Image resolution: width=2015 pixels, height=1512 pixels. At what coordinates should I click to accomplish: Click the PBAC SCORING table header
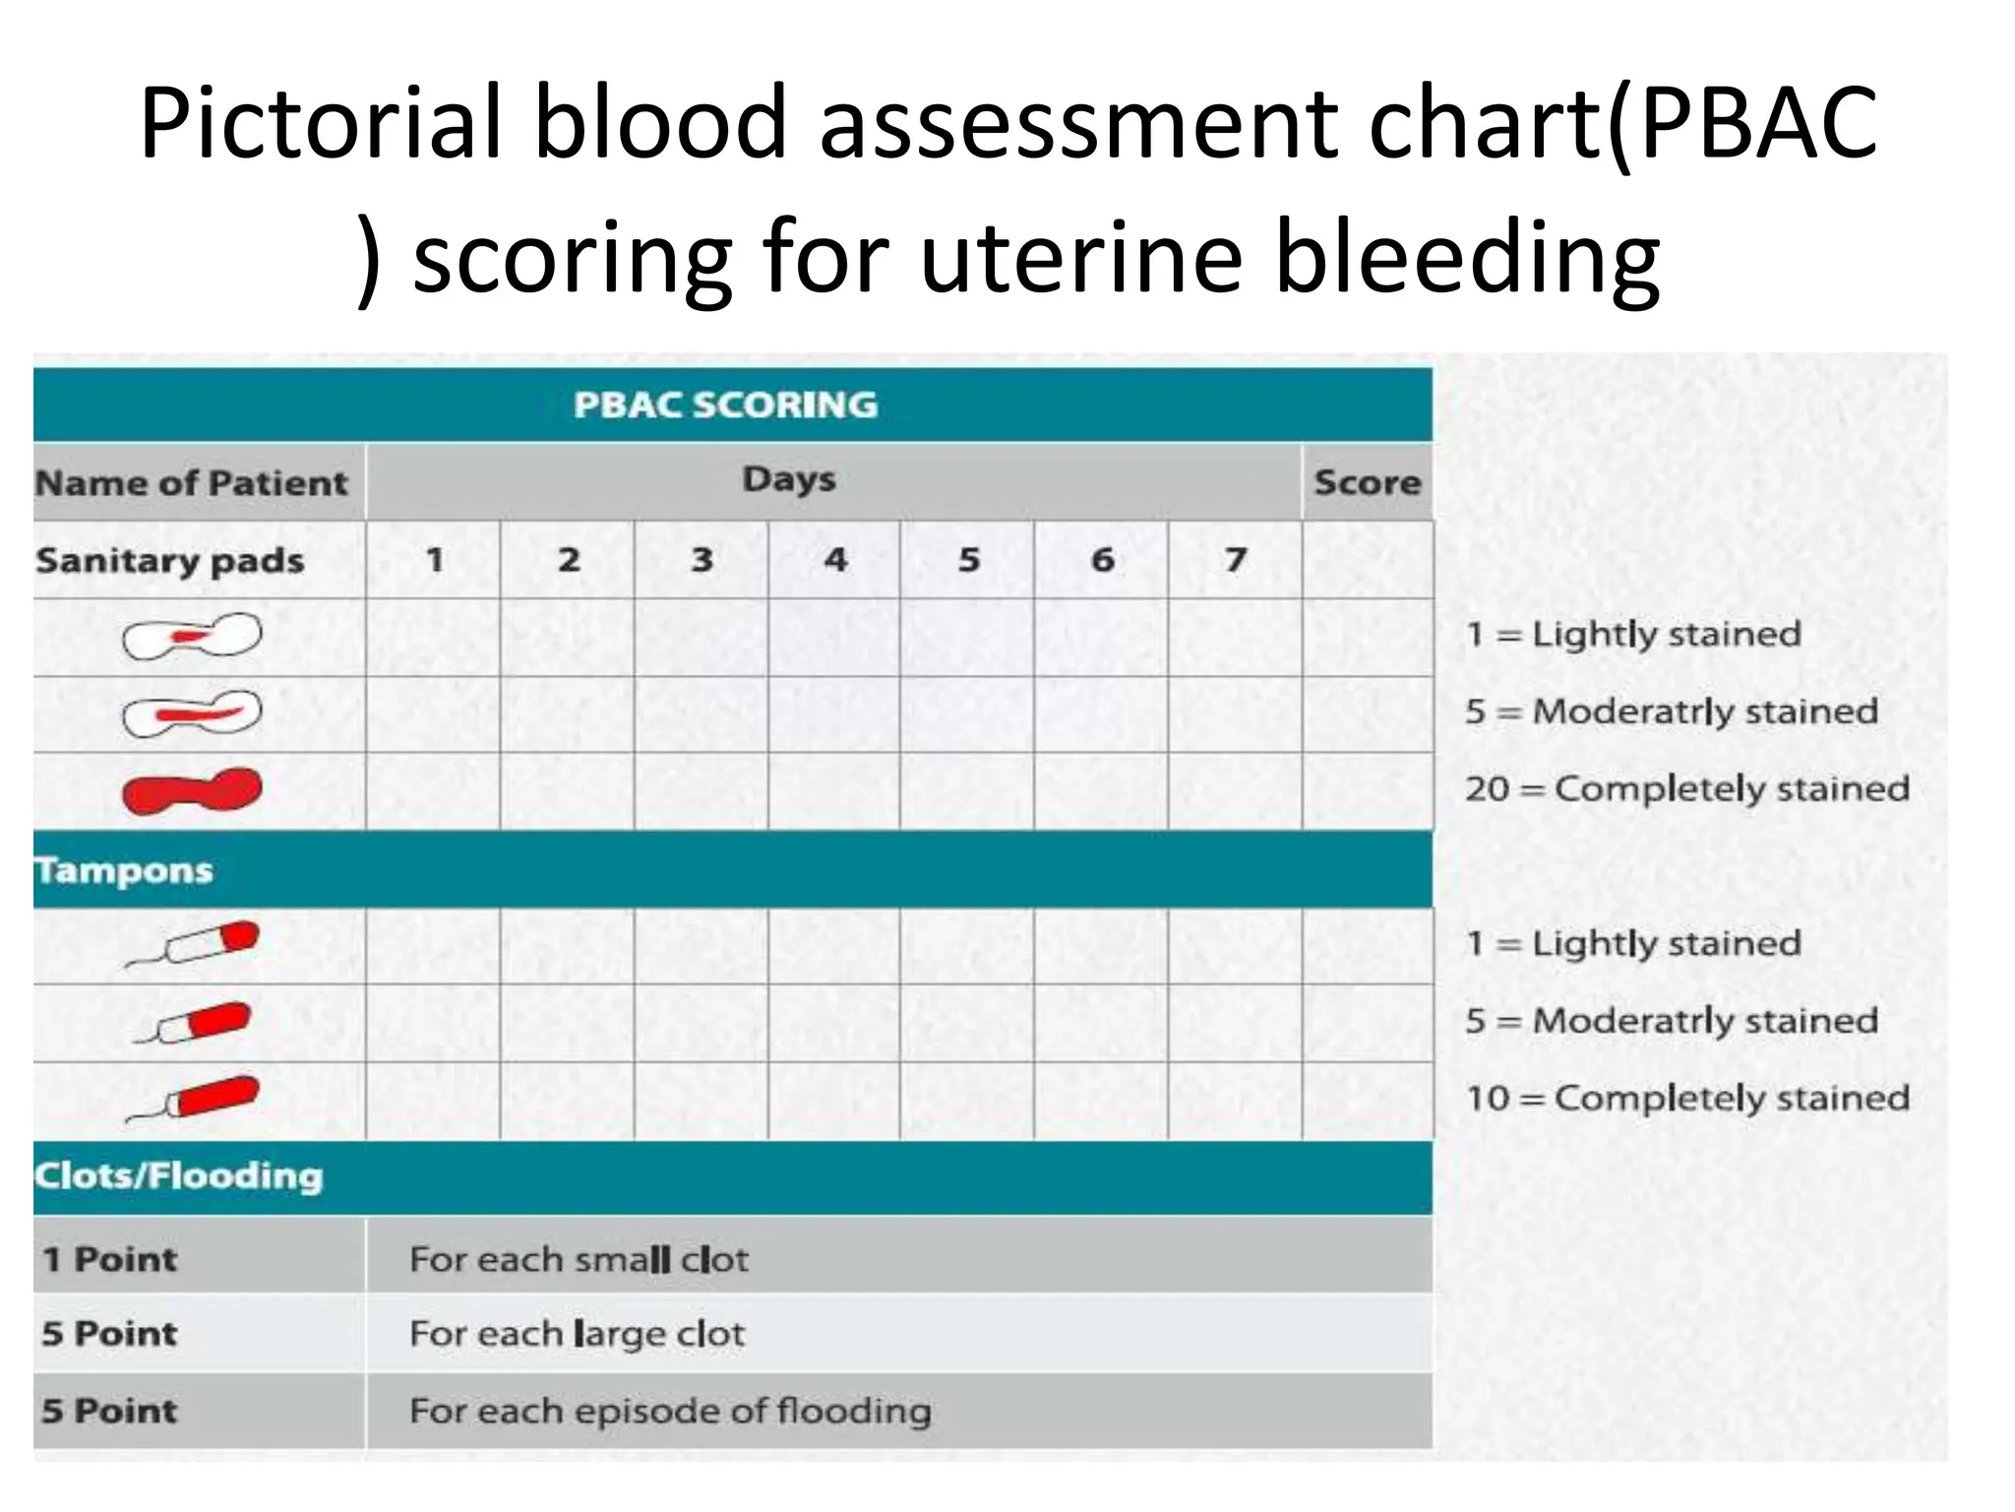[725, 405]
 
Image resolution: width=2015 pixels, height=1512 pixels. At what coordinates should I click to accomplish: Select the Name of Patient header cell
[192, 482]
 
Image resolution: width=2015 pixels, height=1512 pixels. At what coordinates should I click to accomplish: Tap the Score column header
[1367, 482]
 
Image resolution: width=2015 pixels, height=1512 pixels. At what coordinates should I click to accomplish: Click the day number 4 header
[834, 559]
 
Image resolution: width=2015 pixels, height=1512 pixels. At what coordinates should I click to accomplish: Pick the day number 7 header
[1235, 559]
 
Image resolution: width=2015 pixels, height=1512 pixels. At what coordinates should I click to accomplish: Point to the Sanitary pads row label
[170, 560]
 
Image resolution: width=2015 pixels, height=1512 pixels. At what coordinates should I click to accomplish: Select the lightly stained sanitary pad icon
[192, 636]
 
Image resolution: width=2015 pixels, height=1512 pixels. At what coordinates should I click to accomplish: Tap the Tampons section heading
[124, 870]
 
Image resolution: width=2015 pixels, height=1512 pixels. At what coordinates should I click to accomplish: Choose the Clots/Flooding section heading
[178, 1175]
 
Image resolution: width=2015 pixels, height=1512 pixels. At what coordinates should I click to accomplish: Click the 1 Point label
[109, 1258]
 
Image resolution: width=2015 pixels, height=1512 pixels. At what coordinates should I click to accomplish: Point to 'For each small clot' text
[579, 1259]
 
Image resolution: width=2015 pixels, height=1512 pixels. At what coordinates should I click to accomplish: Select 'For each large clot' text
[577, 1334]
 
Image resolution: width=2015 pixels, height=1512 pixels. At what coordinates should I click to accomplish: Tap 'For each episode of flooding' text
[670, 1411]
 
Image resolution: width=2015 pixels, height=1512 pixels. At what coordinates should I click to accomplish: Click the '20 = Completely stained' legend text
[1686, 788]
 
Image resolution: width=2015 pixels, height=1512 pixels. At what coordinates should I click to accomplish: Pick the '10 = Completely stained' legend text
[1686, 1098]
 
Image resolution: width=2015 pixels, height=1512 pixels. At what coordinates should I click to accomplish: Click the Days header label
[788, 479]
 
